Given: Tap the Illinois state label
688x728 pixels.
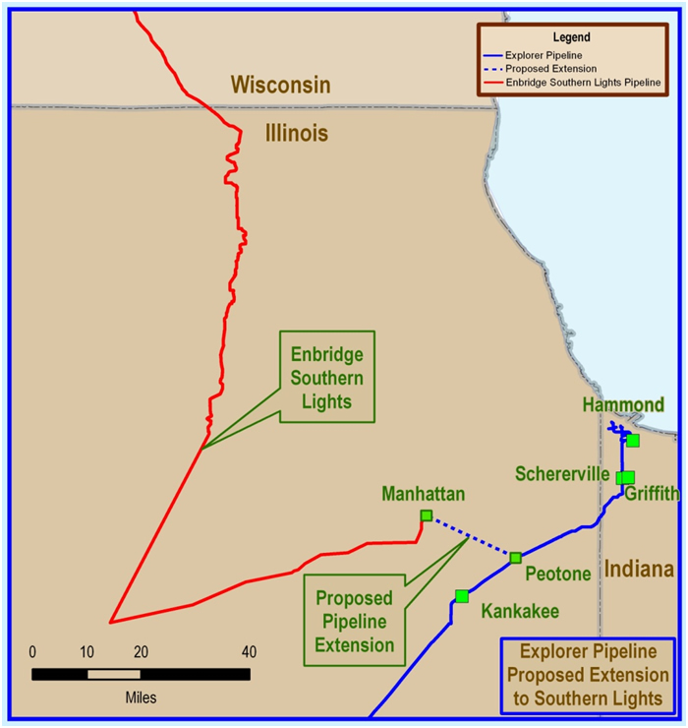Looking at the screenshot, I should pos(296,133).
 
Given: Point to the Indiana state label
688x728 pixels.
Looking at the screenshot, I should pos(639,569).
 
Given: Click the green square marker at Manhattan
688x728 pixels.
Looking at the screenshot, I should pos(426,516).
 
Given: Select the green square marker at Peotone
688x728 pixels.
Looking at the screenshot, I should pos(515,558).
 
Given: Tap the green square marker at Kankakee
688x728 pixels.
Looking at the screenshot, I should pos(462,596).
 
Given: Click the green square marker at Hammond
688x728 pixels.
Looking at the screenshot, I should pos(633,440).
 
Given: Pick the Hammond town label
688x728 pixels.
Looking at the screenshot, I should pos(623,404).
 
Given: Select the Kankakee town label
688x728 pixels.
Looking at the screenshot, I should pos(520,612).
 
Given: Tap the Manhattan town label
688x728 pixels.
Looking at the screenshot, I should pos(424,494).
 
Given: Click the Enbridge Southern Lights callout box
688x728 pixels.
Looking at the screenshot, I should pos(327,377).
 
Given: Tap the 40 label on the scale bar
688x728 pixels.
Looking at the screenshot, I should pos(249,651).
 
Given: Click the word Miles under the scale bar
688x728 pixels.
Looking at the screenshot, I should pos(140,697).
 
